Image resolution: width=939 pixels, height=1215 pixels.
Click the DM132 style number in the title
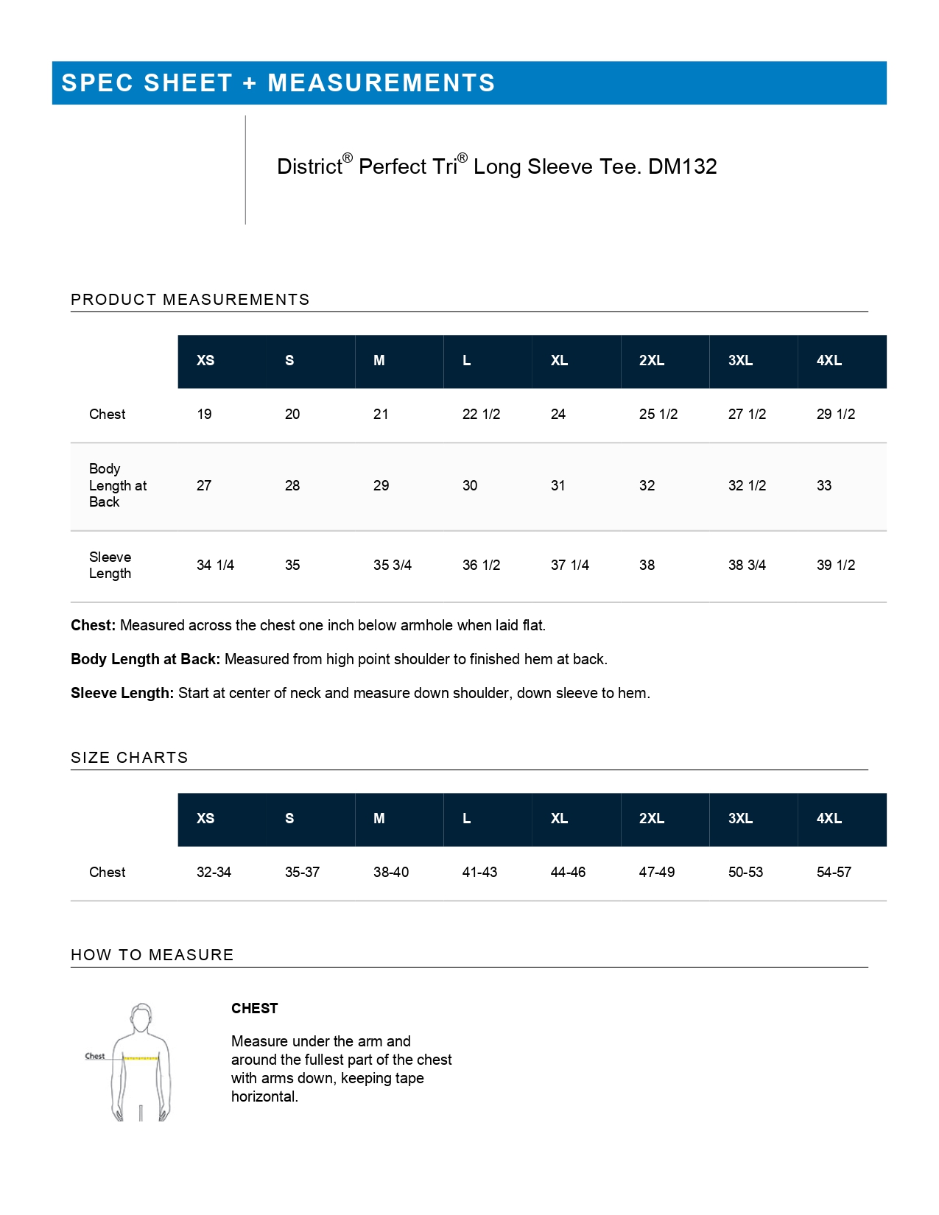click(682, 167)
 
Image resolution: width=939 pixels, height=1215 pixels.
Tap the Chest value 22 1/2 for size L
click(481, 415)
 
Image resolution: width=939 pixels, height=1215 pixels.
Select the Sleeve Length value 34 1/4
click(215, 566)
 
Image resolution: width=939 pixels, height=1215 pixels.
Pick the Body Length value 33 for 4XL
click(824, 486)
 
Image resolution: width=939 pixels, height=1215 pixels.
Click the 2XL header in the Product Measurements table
click(652, 361)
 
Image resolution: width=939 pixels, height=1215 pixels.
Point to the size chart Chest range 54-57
click(834, 873)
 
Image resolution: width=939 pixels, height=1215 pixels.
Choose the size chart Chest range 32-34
click(214, 873)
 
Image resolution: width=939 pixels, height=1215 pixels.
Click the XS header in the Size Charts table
click(205, 819)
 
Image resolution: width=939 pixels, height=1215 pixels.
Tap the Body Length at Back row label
click(117, 486)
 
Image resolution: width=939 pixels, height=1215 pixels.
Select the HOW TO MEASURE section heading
click(152, 955)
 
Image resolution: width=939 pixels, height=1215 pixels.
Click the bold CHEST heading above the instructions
click(254, 1009)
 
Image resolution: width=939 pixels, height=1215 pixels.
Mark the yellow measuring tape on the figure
click(141, 1058)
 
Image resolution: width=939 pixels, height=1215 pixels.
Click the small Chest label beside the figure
click(95, 1056)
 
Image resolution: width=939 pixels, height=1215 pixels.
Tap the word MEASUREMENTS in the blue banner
click(381, 83)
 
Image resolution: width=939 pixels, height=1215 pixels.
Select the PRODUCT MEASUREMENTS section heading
click(190, 300)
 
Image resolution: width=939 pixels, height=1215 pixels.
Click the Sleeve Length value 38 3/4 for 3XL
click(747, 566)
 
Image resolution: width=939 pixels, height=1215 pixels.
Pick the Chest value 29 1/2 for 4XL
click(836, 415)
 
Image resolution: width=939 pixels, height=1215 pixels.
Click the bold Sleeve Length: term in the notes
click(122, 694)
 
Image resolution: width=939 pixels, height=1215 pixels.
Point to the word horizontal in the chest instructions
click(264, 1097)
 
